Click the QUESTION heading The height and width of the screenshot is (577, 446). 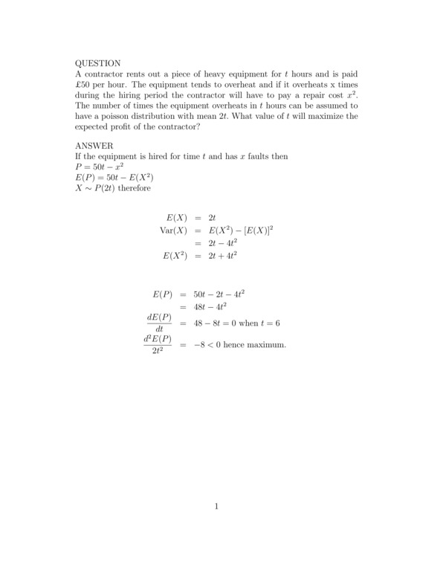click(x=98, y=64)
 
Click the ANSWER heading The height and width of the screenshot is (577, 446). click(x=94, y=146)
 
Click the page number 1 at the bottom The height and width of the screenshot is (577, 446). click(x=216, y=507)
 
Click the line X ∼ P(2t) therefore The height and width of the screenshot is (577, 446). click(x=112, y=188)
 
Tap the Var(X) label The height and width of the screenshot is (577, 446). click(x=175, y=231)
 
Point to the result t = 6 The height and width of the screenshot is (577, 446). click(x=288, y=323)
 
